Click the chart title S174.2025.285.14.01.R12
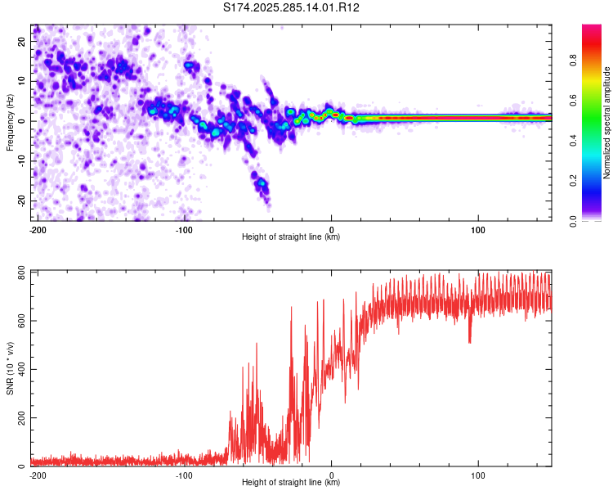click(x=292, y=7)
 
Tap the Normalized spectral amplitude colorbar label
click(x=606, y=123)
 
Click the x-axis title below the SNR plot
click(x=291, y=483)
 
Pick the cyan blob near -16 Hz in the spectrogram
click(x=262, y=184)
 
